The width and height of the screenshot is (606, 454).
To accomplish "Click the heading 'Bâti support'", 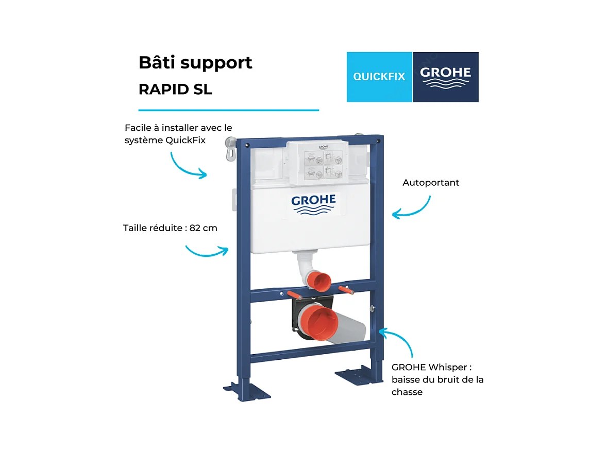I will [195, 63].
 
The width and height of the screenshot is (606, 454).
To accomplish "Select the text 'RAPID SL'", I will [175, 90].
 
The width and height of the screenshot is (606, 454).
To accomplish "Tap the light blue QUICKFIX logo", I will [379, 77].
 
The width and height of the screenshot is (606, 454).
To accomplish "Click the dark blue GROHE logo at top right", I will [446, 77].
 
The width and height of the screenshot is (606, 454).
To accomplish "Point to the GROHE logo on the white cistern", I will [313, 204].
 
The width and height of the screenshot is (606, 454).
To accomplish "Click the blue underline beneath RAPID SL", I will [228, 110].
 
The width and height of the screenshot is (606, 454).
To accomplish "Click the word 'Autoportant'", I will [431, 183].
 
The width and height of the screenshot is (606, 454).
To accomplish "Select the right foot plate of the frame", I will [359, 374].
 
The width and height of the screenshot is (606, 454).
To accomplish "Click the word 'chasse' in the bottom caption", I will [407, 392].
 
